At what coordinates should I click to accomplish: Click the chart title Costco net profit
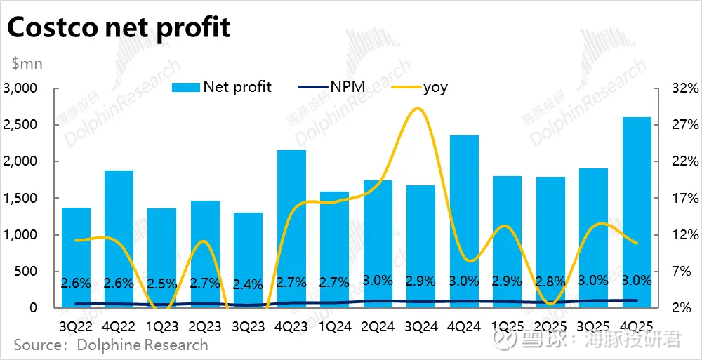[x=119, y=27]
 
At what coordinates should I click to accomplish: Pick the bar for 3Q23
[x=248, y=260]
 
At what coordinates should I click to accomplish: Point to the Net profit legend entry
[x=222, y=87]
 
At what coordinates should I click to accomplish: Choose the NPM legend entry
[x=342, y=87]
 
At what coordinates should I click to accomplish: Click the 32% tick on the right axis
[x=684, y=88]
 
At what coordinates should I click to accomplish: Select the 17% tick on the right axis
[x=684, y=198]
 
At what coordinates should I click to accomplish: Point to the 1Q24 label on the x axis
[x=334, y=326]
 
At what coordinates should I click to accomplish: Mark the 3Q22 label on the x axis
[x=76, y=326]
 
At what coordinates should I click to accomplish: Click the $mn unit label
[x=27, y=64]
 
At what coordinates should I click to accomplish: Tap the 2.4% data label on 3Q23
[x=248, y=284]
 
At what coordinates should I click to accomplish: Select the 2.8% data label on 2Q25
[x=550, y=282]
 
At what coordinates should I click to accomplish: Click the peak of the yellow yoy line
[x=418, y=108]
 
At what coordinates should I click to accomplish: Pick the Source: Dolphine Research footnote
[x=111, y=345]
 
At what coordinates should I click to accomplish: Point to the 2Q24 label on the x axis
[x=378, y=326]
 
